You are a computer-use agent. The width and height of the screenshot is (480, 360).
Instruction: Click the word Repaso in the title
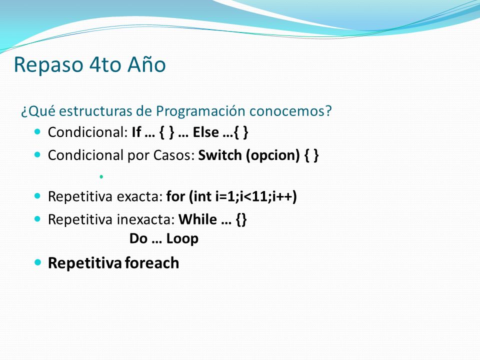(x=48, y=65)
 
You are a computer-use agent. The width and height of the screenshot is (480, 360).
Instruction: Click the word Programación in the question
(x=200, y=111)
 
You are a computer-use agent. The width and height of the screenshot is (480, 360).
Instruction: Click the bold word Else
(x=205, y=132)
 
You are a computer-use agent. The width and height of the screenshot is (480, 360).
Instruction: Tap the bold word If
(x=136, y=132)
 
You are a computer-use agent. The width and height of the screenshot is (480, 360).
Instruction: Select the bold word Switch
(x=220, y=155)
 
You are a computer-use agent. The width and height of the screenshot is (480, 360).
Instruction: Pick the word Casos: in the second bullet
(x=174, y=155)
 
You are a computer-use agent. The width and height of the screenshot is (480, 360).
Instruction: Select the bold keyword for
(x=175, y=196)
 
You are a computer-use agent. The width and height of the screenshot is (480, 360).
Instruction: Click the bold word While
(x=198, y=219)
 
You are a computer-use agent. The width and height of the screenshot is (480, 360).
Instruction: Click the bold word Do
(x=138, y=239)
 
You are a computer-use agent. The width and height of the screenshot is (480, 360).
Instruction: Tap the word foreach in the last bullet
(x=152, y=263)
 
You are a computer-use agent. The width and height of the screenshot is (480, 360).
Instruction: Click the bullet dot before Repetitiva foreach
(x=37, y=262)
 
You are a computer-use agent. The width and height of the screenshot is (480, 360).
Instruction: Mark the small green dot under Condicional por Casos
(x=101, y=176)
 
